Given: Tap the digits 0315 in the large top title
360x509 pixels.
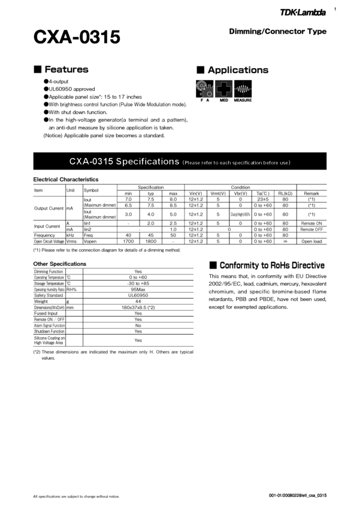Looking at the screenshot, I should tap(99, 38).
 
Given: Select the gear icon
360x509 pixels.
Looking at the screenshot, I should tap(204, 89).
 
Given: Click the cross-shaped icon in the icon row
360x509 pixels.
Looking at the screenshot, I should tap(224, 89).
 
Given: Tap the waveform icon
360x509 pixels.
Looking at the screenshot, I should tap(243, 89).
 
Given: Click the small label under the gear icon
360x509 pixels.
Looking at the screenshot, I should tap(204, 100).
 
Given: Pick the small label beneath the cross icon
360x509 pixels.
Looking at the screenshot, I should tap(224, 100).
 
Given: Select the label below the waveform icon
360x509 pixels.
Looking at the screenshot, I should tap(243, 100).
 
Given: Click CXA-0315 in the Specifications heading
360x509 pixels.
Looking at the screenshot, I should tap(91, 162).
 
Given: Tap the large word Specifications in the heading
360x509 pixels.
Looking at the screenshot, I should tap(147, 162).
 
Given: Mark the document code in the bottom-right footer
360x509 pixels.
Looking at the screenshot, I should tap(298, 495).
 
